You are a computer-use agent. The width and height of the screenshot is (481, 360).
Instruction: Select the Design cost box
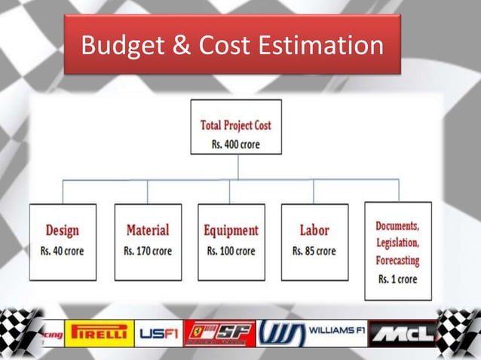[63, 242]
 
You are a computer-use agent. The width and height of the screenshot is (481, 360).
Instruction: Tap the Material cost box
[148, 242]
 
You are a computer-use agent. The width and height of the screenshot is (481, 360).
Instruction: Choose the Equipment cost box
[231, 242]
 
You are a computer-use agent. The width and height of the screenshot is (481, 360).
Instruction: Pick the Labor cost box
[314, 242]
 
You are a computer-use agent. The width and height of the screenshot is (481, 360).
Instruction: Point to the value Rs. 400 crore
[237, 143]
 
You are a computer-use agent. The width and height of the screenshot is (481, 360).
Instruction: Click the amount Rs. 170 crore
[148, 251]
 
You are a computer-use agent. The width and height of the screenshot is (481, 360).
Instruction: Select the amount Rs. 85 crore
[314, 251]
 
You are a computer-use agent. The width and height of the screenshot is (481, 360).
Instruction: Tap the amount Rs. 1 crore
[397, 279]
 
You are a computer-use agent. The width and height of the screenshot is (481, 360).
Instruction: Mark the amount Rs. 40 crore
[63, 251]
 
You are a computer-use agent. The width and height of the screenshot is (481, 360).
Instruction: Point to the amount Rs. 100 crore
[231, 251]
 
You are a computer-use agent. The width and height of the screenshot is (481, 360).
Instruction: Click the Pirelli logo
[99, 333]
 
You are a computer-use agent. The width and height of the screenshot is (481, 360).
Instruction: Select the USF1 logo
[158, 333]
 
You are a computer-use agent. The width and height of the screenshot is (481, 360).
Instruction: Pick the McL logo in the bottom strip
[403, 333]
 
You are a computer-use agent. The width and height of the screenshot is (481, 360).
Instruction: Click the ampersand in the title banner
[184, 46]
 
